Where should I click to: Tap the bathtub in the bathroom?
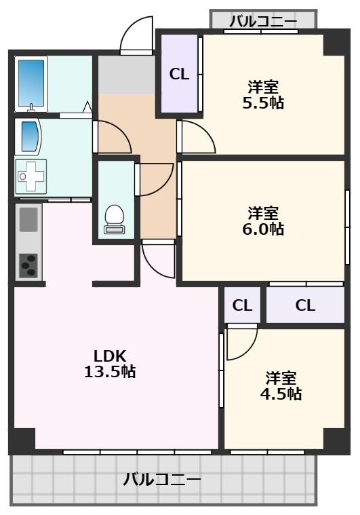click(31, 83)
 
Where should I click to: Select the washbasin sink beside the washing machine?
click(30, 136)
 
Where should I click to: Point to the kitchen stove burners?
click(28, 265)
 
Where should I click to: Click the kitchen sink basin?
click(28, 219)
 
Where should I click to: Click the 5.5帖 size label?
click(263, 103)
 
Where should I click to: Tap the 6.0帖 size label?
click(263, 229)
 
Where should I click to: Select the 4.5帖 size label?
click(281, 394)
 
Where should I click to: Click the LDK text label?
click(110, 356)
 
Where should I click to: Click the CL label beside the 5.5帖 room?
click(179, 75)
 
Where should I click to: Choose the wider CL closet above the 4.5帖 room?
click(305, 305)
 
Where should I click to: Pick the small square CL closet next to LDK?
click(242, 305)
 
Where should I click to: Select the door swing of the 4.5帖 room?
click(241, 343)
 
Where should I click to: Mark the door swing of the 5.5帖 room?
click(197, 138)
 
